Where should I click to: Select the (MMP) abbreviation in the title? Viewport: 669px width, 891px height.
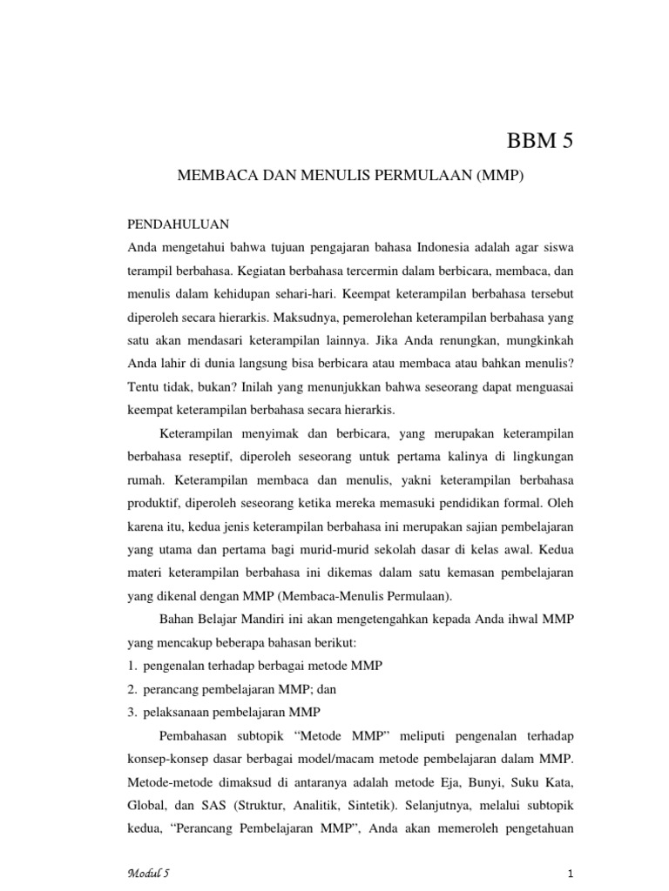point(499,176)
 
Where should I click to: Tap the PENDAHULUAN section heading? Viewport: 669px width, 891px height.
point(179,224)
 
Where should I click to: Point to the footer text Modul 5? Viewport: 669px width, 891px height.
point(149,873)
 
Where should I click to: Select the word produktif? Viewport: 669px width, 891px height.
point(157,502)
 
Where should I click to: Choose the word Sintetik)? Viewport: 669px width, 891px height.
point(389,803)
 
